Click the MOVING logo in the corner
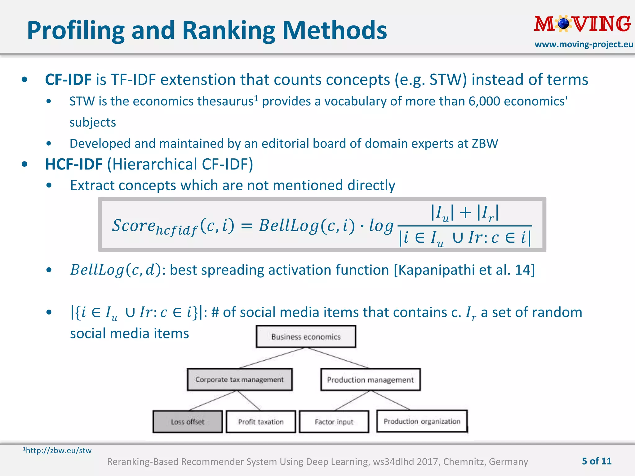582,24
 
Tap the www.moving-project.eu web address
584,45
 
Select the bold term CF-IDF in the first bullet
68,80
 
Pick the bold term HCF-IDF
74,164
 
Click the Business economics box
306,337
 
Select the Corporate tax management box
239,380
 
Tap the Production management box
370,380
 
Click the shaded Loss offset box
188,422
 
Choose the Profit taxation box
261,422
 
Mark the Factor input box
334,422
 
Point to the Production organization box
422,421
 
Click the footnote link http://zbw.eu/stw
59,450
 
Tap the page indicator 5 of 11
597,461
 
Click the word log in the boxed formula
381,226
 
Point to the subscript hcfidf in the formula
176,231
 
